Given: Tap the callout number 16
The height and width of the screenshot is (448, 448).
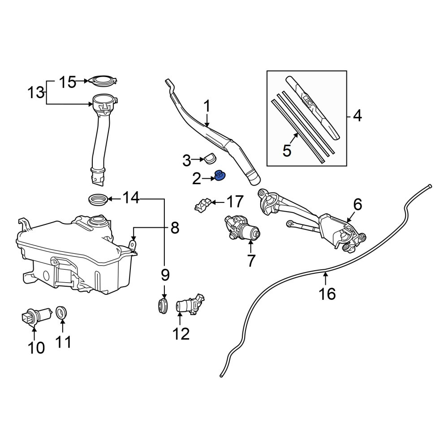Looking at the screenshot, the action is pos(327,293).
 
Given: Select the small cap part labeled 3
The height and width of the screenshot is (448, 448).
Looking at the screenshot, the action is pos(210,158).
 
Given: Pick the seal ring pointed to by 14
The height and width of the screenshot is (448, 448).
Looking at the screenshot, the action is pos(99,199).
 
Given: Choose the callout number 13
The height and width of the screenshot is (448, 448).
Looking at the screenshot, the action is pos(36,93).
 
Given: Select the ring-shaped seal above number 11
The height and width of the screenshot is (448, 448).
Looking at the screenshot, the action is pos(60,312).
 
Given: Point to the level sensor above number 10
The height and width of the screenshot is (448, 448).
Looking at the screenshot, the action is pos(36,316).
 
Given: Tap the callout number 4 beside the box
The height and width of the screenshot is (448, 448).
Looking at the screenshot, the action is pos(358,116).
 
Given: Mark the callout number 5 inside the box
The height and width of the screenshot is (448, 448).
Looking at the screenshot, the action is pos(287,150).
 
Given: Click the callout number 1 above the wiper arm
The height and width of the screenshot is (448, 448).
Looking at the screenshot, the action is pos(207,106).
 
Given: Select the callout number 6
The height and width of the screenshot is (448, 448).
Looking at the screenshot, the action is pos(358,205).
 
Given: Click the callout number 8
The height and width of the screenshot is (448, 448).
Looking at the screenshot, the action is pos(175,228).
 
